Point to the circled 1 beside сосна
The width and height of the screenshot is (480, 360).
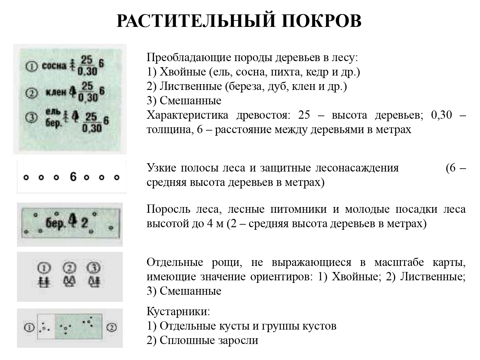31,67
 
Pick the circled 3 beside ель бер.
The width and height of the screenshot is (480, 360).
31,118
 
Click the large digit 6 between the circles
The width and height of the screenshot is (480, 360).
73,177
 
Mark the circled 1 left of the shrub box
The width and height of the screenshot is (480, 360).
29,328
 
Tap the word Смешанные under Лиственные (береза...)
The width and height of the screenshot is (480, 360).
190,100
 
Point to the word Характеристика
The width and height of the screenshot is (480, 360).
187,115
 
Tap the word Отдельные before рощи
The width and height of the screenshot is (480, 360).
175,262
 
